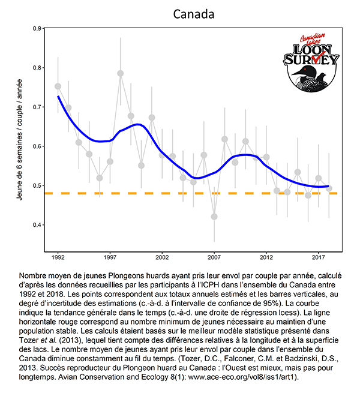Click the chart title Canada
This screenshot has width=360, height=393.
click(x=194, y=14)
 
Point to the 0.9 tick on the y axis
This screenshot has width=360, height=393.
click(x=37, y=29)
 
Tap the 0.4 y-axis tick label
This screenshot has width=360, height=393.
click(x=37, y=225)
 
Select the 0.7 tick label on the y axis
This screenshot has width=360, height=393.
click(x=37, y=107)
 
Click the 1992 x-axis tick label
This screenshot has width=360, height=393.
click(x=58, y=257)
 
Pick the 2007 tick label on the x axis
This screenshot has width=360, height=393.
click(x=214, y=257)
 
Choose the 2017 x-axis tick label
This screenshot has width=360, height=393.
click(x=319, y=257)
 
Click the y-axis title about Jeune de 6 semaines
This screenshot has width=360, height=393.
click(x=20, y=140)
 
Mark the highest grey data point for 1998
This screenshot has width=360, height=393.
click(x=121, y=73)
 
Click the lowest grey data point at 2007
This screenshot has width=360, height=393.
click(x=214, y=217)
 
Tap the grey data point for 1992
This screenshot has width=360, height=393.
click(x=58, y=86)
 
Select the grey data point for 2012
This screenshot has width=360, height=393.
click(x=266, y=157)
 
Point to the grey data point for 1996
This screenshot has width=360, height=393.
click(x=100, y=178)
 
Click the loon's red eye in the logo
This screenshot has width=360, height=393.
click(x=305, y=69)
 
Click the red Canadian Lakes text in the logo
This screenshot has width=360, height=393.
click(x=313, y=38)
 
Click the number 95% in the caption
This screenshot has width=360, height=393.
click(x=272, y=303)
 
